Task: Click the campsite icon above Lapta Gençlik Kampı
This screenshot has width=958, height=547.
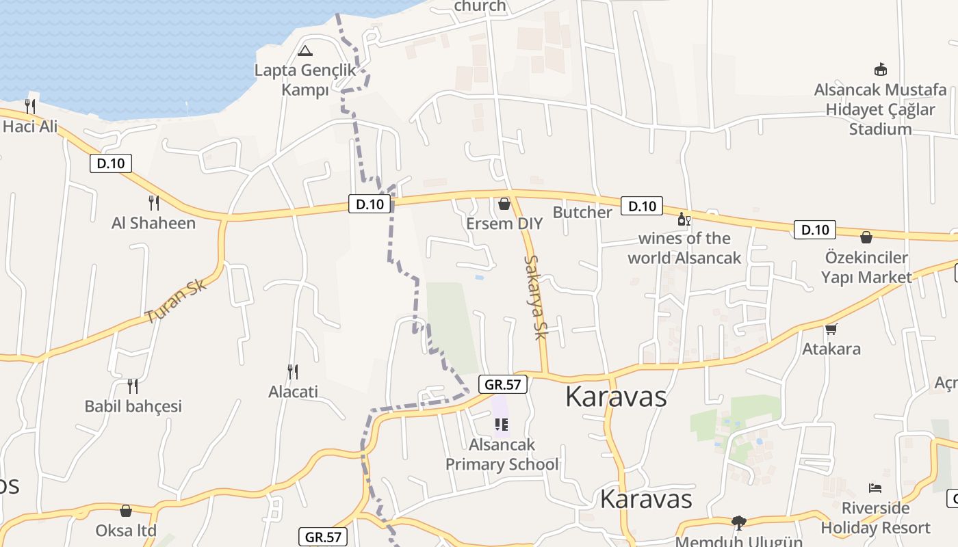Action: point(305,51)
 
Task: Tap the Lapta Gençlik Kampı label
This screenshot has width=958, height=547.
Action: point(306,80)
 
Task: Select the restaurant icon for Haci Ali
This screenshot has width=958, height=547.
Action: point(30,106)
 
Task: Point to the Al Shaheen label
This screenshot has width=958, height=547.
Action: point(153,223)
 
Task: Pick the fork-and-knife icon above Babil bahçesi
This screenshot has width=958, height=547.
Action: point(133,386)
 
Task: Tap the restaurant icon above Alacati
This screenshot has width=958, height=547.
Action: point(293,372)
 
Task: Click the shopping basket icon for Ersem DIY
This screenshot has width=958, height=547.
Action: point(504,204)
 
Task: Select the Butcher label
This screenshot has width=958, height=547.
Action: point(582,212)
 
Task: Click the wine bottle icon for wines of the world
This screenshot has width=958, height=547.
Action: point(683,219)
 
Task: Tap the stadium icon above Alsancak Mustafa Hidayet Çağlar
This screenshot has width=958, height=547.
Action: point(880,70)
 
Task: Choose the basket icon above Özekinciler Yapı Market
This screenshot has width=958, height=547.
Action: point(866,237)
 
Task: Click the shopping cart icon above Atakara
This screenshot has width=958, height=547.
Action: point(831,330)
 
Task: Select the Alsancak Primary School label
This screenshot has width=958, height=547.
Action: point(502,455)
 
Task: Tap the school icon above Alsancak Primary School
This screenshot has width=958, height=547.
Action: point(502,425)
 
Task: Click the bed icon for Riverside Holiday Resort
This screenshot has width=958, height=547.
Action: point(875,488)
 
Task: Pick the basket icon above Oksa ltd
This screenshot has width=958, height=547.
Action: point(126,511)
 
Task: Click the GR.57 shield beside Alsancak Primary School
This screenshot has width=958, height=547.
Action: point(503,384)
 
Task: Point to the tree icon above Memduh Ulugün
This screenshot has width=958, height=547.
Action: point(738,523)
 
